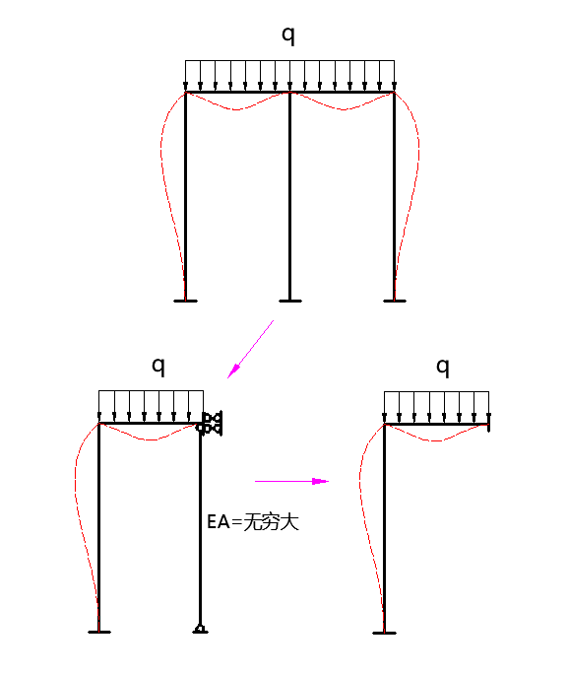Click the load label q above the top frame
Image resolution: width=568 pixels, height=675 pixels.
tap(288, 35)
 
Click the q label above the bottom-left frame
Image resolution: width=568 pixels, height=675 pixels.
tap(158, 367)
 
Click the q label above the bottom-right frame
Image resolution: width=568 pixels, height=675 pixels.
tap(443, 368)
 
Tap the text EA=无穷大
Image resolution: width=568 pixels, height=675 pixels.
tap(253, 522)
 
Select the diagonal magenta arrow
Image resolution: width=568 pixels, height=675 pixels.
tap(251, 349)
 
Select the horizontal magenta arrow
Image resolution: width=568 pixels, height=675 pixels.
tap(292, 481)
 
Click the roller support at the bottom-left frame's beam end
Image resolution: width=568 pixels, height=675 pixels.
tap(210, 423)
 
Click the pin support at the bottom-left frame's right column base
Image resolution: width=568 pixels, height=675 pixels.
tap(200, 629)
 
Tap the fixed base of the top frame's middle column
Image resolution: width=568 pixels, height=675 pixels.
tap(290, 301)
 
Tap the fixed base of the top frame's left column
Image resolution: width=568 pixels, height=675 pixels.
tap(185, 301)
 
